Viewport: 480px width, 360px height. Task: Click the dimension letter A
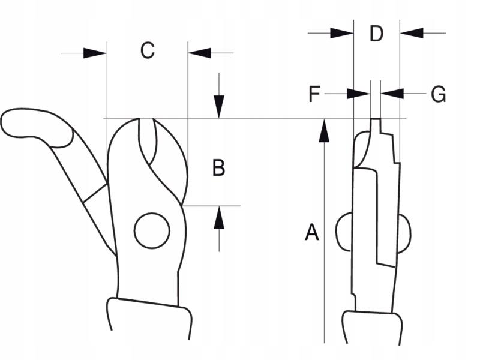pyautogui.click(x=312, y=232)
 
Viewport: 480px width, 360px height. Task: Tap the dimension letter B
pyautogui.click(x=218, y=168)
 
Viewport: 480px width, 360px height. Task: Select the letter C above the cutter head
pyautogui.click(x=147, y=50)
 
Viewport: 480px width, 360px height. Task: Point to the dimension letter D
pyautogui.click(x=376, y=34)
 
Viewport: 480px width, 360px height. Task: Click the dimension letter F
pyautogui.click(x=314, y=94)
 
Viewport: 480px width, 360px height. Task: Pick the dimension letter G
pyautogui.click(x=439, y=94)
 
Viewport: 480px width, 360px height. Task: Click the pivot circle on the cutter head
pyautogui.click(x=152, y=231)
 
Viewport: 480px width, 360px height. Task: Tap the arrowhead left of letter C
pyautogui.click(x=95, y=53)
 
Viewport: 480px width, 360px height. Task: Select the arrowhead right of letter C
pyautogui.click(x=200, y=53)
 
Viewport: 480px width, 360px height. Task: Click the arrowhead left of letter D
pyautogui.click(x=342, y=33)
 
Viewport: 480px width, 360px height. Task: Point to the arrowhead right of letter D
pyautogui.click(x=412, y=33)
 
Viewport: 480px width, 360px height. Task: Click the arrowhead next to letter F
pyautogui.click(x=358, y=94)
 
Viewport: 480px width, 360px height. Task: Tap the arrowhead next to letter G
pyautogui.click(x=392, y=94)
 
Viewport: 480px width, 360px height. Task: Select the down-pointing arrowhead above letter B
pyautogui.click(x=219, y=107)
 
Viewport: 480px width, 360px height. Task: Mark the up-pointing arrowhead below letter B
pyautogui.click(x=219, y=218)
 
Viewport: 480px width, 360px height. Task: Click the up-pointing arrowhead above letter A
pyautogui.click(x=324, y=131)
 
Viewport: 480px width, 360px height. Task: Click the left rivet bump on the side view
pyautogui.click(x=344, y=232)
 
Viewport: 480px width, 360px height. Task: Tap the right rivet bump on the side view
pyautogui.click(x=404, y=234)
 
